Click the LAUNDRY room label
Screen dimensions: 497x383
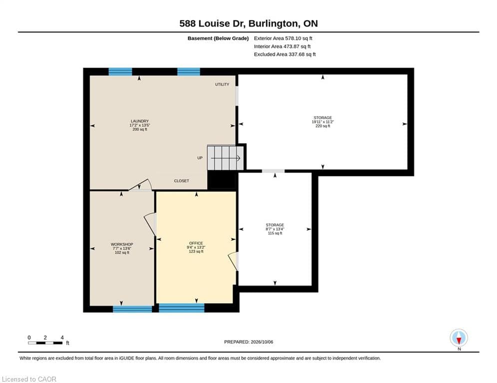[x=140, y=121]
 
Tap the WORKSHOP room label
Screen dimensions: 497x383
[x=122, y=244]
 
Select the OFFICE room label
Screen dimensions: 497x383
[x=196, y=243]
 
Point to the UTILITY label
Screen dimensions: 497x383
[x=222, y=84]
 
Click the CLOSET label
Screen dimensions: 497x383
[x=181, y=181]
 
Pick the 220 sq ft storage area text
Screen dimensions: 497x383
[x=323, y=126]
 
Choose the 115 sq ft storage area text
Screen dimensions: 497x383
[x=275, y=233]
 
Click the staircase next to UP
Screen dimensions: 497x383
[x=225, y=158]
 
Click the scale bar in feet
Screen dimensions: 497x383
[x=45, y=343]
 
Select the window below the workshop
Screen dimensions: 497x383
[x=132, y=309]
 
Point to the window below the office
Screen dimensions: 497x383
[x=182, y=308]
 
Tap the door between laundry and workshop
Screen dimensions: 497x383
[x=140, y=185]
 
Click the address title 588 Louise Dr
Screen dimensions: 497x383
[x=212, y=23]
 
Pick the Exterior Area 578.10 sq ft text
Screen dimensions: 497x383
[x=283, y=38]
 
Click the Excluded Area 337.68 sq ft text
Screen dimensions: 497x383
[x=285, y=54]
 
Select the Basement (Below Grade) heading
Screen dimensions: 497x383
[x=218, y=38]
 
